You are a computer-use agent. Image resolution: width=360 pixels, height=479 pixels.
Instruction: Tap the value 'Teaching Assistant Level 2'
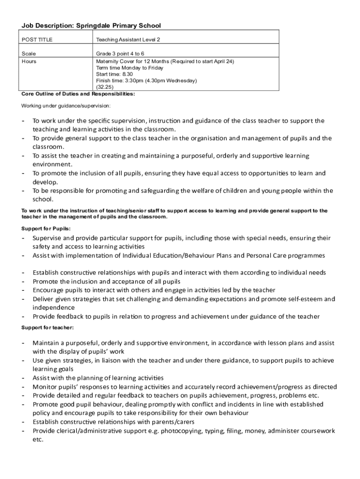point(128,40)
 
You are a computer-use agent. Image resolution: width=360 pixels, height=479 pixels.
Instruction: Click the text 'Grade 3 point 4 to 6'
point(120,54)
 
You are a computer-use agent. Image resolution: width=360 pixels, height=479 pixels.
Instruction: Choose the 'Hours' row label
point(29,61)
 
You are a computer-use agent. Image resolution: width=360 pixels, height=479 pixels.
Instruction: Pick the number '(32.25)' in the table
point(105,87)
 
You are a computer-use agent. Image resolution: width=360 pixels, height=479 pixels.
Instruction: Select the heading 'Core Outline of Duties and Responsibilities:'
point(78,94)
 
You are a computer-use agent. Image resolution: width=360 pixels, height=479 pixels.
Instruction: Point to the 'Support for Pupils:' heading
point(46,229)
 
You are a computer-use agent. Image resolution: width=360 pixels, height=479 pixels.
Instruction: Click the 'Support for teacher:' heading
point(47,327)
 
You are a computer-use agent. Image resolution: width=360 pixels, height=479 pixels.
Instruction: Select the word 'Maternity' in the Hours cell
point(107,61)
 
